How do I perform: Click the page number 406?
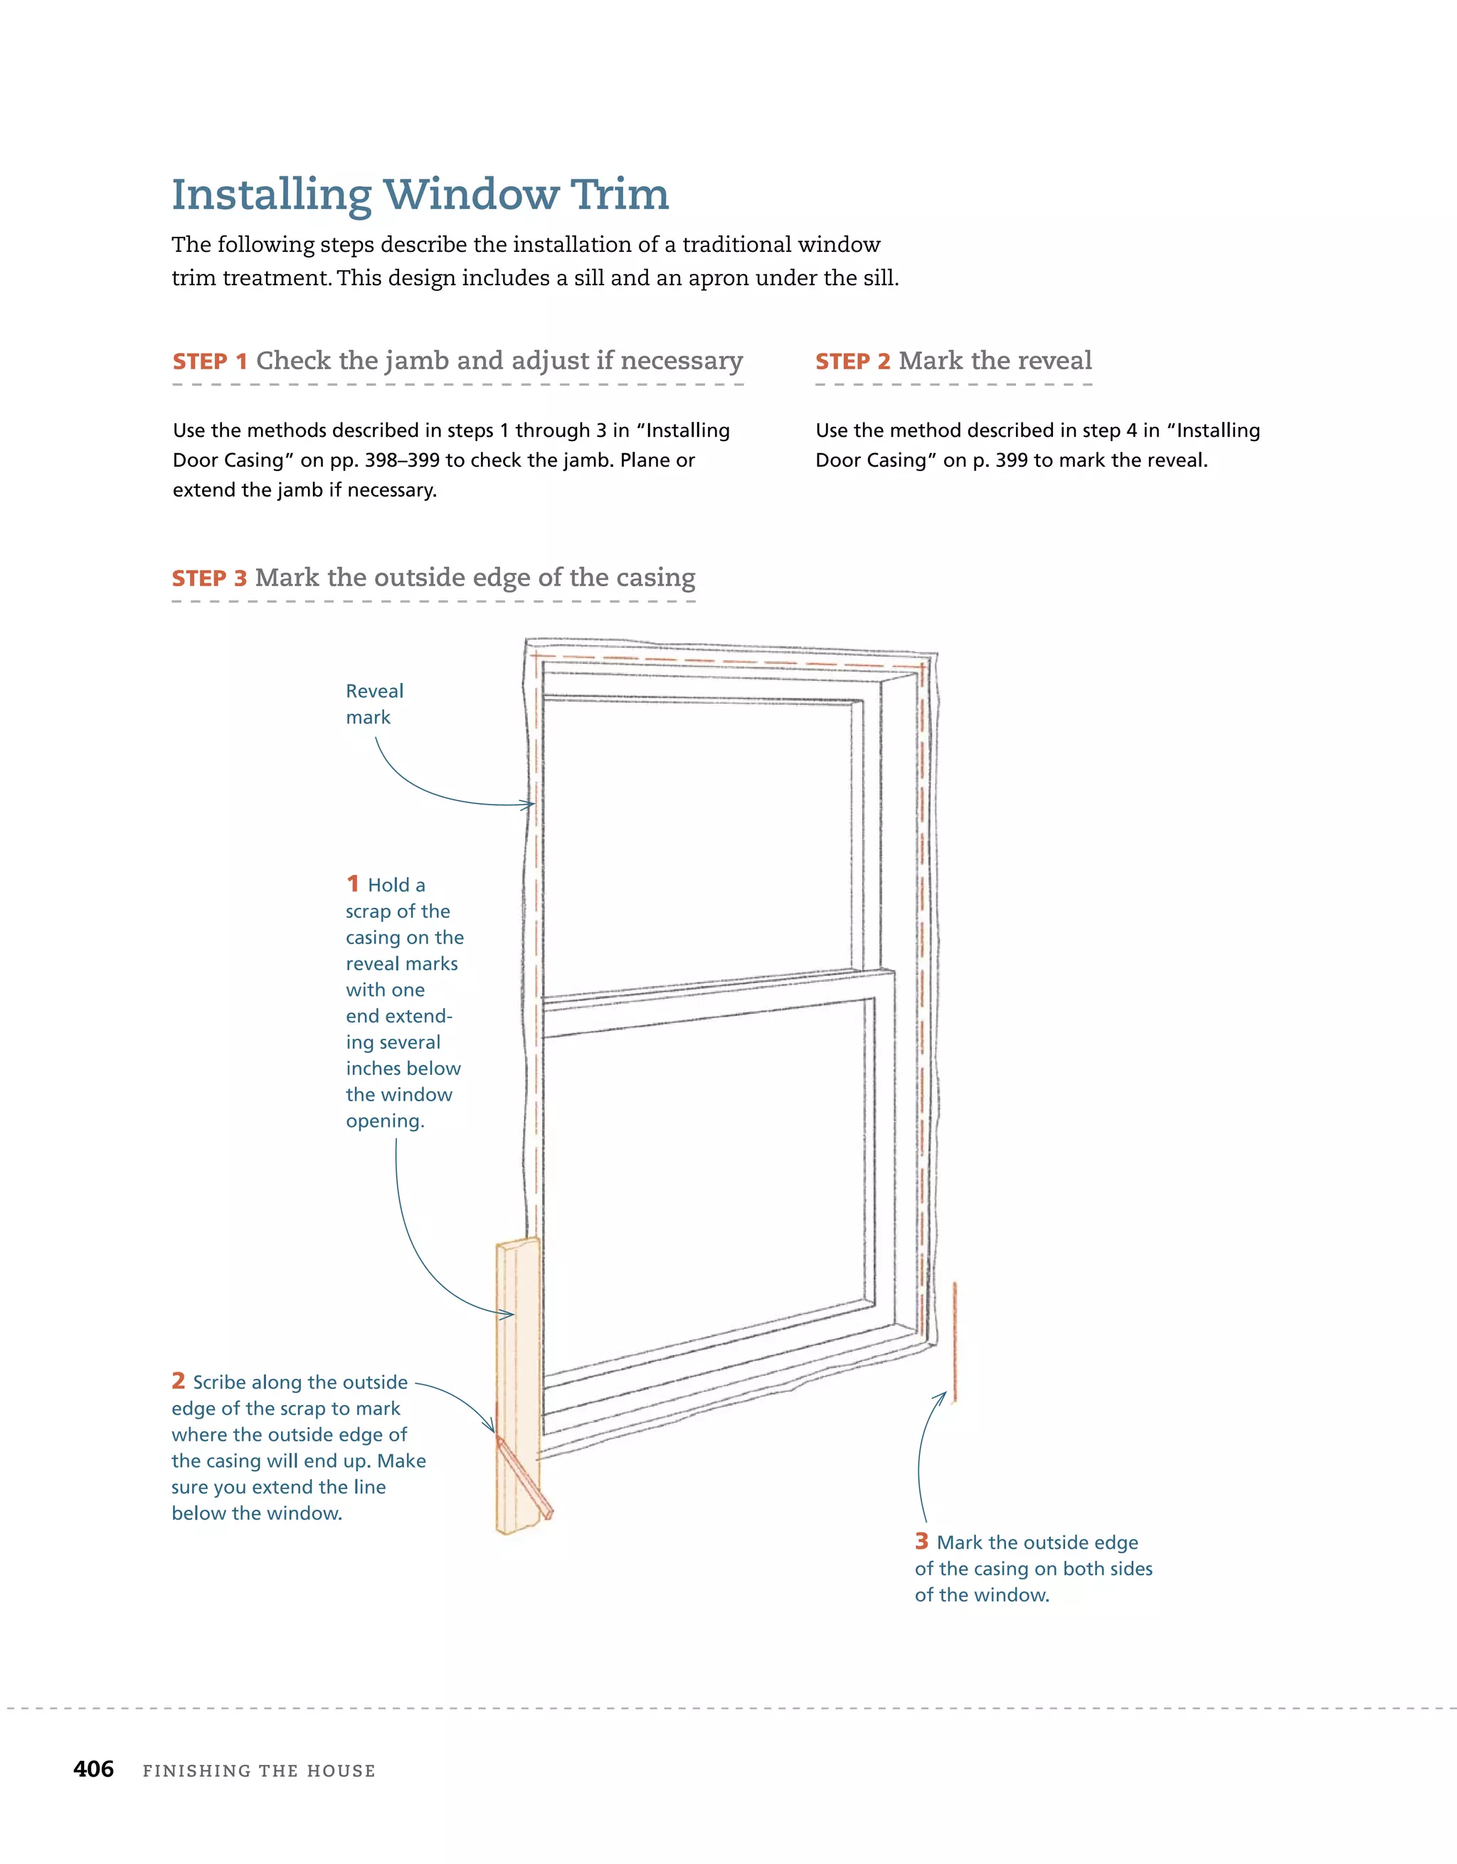coord(93,1769)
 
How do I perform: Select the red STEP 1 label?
coord(209,362)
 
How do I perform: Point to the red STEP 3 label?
coord(209,578)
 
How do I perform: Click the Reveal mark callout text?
coord(373,704)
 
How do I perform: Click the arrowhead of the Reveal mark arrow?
coord(530,804)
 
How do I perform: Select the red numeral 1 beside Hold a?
coord(353,884)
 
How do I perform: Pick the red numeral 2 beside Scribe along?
coord(179,1381)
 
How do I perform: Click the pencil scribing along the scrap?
coord(525,1474)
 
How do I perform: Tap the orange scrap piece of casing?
coord(517,1348)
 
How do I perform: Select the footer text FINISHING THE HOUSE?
coord(259,1771)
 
